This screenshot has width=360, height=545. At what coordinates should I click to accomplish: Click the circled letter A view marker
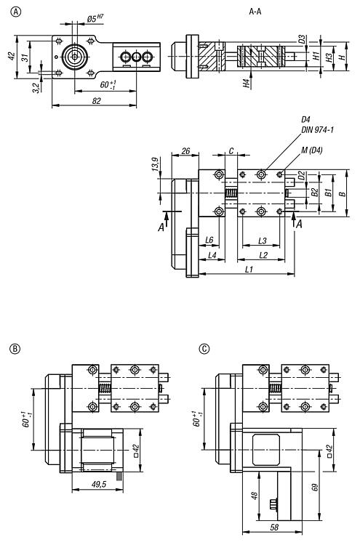tap(16, 12)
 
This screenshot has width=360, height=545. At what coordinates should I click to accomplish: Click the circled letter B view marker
tap(15, 349)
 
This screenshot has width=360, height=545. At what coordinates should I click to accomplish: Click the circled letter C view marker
tap(204, 349)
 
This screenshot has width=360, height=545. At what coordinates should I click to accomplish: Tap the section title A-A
tap(255, 12)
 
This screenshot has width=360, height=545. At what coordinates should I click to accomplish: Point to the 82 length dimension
tap(96, 101)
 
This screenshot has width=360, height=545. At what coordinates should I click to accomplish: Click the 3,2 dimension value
tap(36, 88)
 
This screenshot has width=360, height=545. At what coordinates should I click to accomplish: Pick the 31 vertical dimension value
tap(25, 57)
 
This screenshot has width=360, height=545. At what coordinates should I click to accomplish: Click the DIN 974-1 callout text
tap(318, 129)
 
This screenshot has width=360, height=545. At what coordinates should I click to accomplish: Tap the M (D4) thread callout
tap(312, 150)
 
